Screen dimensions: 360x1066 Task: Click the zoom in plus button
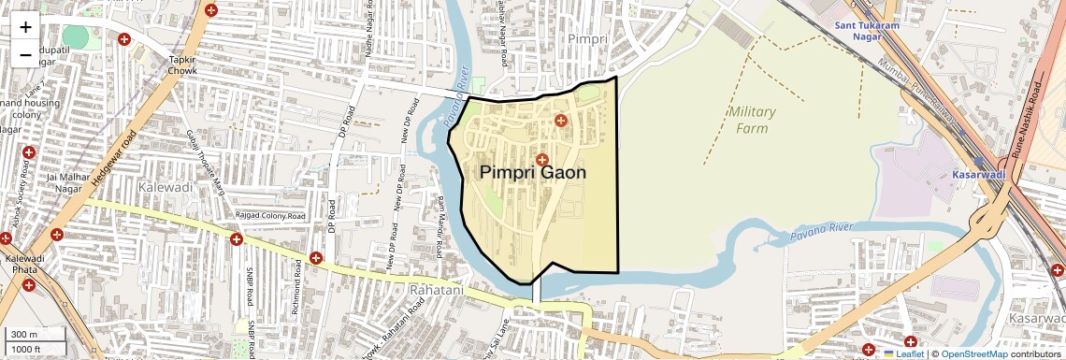point(25,27)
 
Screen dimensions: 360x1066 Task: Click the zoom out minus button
point(25,55)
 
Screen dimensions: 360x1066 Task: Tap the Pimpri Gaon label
point(533,173)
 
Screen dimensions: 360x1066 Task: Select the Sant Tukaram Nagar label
point(867,31)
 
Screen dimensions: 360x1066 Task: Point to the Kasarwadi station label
point(977,175)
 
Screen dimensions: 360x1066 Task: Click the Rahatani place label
point(437,291)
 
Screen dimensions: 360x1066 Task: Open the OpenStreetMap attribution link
point(974,353)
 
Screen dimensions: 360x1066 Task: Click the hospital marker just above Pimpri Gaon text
point(541,159)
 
